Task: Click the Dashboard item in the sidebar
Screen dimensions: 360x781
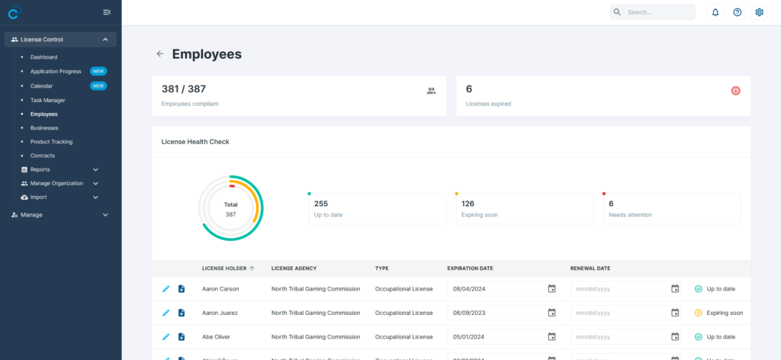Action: pyautogui.click(x=43, y=57)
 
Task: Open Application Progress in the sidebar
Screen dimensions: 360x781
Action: pyautogui.click(x=55, y=71)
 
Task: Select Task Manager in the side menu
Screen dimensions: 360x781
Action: pyautogui.click(x=47, y=100)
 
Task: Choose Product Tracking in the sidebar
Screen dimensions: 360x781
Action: pyautogui.click(x=51, y=142)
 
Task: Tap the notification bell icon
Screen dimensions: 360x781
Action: pyautogui.click(x=715, y=12)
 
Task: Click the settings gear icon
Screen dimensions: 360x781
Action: pyautogui.click(x=759, y=12)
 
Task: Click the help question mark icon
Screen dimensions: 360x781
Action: pyautogui.click(x=738, y=12)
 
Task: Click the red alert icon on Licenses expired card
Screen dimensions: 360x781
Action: pyautogui.click(x=736, y=91)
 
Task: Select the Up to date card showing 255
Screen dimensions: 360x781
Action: pyautogui.click(x=377, y=208)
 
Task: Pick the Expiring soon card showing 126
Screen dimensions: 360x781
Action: pyautogui.click(x=524, y=208)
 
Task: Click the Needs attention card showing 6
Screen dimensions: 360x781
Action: pyautogui.click(x=671, y=208)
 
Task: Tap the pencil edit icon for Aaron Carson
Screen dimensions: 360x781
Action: pyautogui.click(x=166, y=289)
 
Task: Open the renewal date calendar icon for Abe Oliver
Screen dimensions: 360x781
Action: pyautogui.click(x=675, y=336)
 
